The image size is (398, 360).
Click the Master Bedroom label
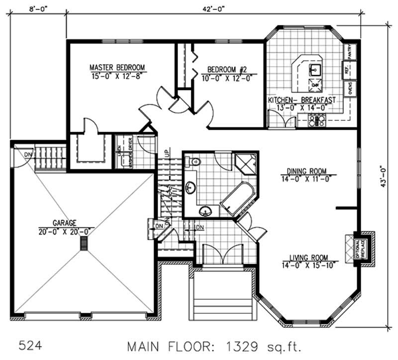tap(117, 67)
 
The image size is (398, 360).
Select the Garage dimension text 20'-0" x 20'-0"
tap(65, 232)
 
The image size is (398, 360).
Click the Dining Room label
tap(309, 172)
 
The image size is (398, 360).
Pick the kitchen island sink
tap(315, 69)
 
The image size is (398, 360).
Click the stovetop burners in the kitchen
tap(316, 120)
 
